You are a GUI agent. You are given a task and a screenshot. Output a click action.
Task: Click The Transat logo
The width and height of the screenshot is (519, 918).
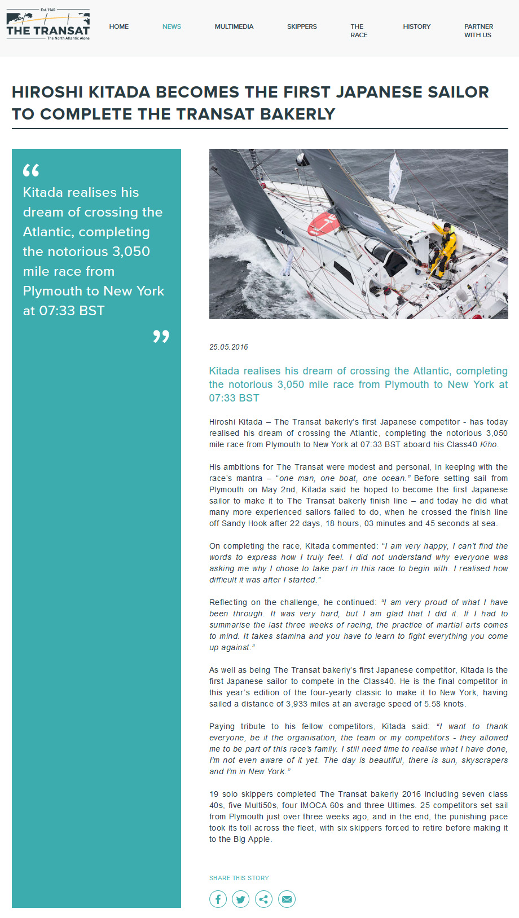click(48, 26)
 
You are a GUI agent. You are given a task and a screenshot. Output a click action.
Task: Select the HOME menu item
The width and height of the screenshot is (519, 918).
click(119, 27)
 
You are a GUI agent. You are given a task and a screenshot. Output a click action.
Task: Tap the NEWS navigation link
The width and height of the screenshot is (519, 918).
click(171, 27)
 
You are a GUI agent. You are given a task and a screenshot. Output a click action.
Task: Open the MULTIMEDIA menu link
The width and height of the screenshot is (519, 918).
click(234, 27)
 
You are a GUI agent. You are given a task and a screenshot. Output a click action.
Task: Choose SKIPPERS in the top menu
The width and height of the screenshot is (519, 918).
click(302, 27)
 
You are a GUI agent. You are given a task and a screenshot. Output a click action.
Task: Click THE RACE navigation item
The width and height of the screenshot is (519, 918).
click(359, 30)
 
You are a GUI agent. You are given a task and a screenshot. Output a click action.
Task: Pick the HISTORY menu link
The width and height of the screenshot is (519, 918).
click(416, 27)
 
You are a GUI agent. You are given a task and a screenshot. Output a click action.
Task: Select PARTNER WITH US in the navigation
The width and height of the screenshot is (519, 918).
click(478, 30)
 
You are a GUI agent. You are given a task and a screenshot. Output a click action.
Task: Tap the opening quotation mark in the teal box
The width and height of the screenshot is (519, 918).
click(31, 170)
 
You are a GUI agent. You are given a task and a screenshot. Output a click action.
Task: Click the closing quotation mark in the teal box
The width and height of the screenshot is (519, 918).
click(161, 336)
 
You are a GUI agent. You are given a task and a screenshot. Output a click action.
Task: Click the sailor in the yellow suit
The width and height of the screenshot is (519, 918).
click(445, 249)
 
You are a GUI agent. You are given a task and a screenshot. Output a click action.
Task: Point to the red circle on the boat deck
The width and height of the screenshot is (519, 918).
click(324, 223)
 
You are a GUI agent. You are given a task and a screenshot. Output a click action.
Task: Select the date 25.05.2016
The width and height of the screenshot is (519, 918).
click(228, 347)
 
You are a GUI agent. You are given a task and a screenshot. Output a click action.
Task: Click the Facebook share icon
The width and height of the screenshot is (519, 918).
click(218, 899)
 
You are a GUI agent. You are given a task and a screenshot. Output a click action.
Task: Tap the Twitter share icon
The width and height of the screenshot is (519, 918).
click(241, 899)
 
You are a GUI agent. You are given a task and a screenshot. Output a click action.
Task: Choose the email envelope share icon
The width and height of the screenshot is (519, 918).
click(287, 899)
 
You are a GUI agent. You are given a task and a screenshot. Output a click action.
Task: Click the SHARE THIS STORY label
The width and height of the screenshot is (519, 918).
click(239, 878)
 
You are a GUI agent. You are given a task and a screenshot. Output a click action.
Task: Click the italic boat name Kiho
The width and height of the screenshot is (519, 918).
click(488, 444)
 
